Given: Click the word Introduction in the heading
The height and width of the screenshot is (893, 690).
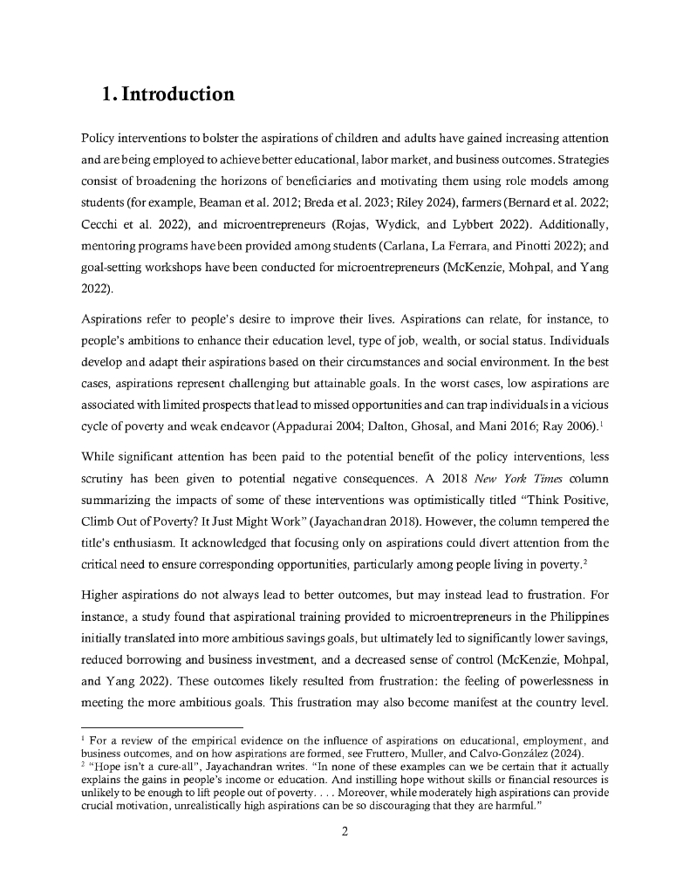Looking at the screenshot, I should click(x=179, y=93).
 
